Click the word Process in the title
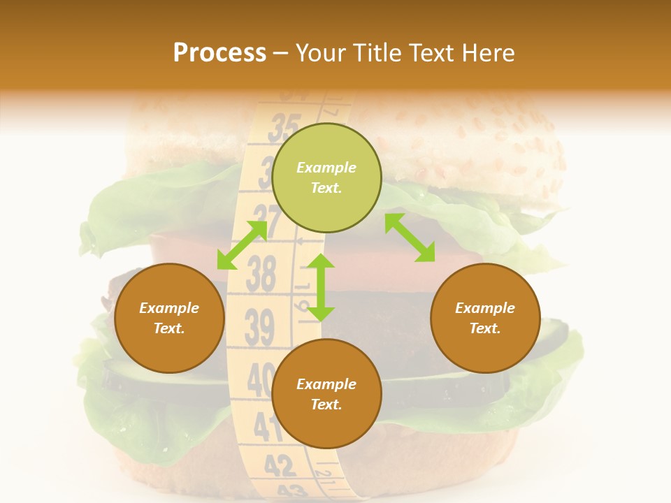219,53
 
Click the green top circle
326,177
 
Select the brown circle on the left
169,318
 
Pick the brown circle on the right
485,318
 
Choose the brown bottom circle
326,394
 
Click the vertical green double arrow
322,287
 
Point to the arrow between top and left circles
242,245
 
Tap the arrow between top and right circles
410,238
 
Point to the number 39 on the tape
259,327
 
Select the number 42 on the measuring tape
280,465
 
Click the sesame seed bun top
475,154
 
